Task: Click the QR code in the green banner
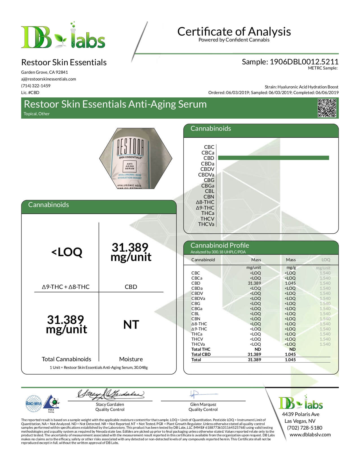coord(327,108)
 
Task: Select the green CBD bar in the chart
coord(273,158)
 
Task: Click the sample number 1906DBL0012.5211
coord(304,62)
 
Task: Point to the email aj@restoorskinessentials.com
coord(49,79)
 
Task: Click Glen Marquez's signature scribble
coord(195,394)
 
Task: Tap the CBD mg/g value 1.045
coord(290,283)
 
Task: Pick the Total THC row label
coord(201,349)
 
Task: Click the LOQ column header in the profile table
coord(326,260)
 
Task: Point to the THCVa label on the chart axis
coord(206,224)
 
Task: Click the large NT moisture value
coord(131,325)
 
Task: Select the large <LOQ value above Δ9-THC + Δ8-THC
coord(67,252)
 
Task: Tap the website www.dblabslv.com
coord(310,435)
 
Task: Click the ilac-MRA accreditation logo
coord(34,404)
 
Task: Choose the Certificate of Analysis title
coord(234,31)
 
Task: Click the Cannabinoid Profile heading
coord(220,245)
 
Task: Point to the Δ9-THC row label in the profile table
coord(199,329)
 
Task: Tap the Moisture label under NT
coord(131,359)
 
